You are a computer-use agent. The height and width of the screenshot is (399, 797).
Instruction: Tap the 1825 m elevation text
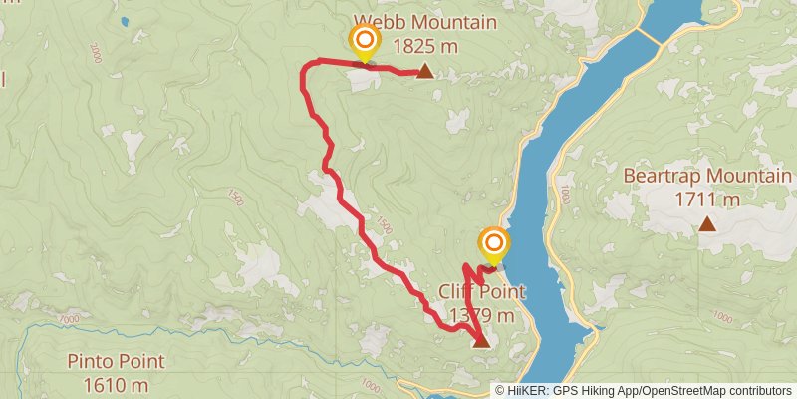(x=428, y=45)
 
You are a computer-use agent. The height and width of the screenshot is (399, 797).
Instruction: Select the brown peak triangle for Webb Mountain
(x=425, y=71)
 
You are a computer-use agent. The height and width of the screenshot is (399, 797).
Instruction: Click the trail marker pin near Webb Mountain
(x=365, y=42)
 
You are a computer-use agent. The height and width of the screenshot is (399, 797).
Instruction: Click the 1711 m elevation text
(x=706, y=199)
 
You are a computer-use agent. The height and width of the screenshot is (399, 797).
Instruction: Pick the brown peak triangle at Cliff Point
(x=481, y=341)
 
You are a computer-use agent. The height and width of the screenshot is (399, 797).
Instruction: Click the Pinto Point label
(x=116, y=362)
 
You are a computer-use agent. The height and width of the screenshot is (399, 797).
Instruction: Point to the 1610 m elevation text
(x=116, y=384)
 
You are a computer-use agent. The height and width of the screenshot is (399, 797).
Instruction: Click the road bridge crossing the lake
(x=648, y=36)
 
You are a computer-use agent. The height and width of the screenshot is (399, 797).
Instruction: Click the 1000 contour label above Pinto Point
(x=68, y=319)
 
